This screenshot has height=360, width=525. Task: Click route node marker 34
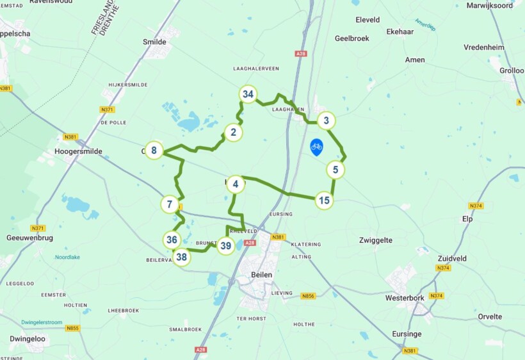[248, 94]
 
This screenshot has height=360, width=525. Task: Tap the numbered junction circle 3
[327, 120]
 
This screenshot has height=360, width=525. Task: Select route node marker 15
[325, 200]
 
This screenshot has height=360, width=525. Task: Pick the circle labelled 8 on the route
[154, 151]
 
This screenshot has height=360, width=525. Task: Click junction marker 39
[225, 245]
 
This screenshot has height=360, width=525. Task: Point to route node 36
[171, 240]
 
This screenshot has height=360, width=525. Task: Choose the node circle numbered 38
[182, 258]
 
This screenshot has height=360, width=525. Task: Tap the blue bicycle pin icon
[316, 147]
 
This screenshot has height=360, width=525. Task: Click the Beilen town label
[258, 274]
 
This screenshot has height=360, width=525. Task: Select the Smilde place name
[154, 42]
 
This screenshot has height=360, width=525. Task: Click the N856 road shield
[309, 296]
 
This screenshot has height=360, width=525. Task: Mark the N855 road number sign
[72, 329]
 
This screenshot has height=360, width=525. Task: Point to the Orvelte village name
[490, 316]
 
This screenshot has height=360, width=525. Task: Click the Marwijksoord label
[490, 5]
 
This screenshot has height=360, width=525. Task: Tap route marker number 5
[335, 170]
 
